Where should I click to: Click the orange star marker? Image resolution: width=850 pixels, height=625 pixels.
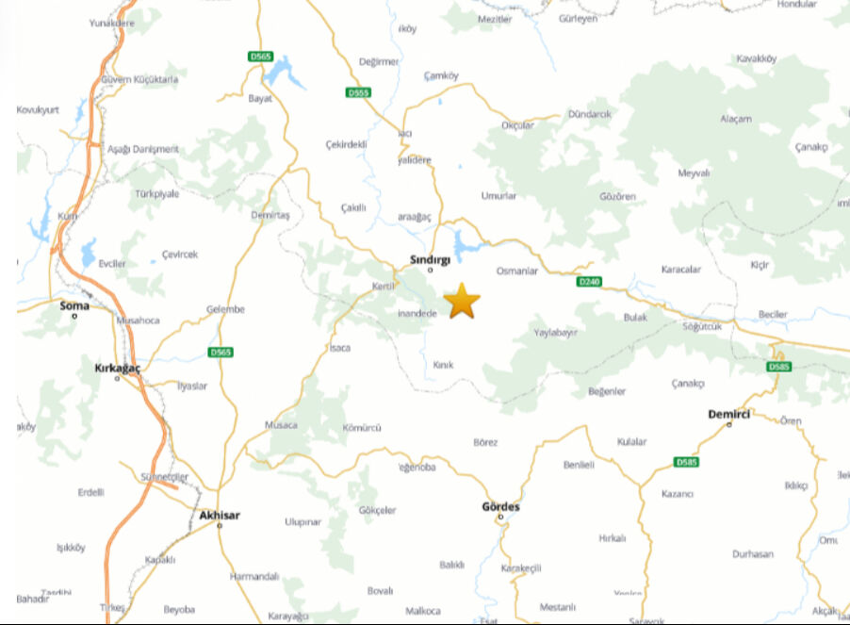(x=462, y=301)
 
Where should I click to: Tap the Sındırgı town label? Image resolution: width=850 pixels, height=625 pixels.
(x=431, y=258)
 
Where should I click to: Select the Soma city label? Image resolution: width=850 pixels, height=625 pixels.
(x=74, y=305)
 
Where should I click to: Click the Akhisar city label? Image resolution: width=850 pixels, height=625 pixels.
(x=220, y=515)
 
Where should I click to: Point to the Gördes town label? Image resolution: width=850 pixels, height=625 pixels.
(x=500, y=506)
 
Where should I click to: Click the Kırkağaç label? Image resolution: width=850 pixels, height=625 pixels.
(x=118, y=368)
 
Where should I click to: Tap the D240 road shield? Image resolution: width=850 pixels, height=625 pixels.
(x=589, y=281)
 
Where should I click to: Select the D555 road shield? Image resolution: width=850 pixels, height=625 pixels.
(x=359, y=92)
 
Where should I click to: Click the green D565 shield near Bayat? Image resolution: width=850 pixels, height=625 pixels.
(x=261, y=57)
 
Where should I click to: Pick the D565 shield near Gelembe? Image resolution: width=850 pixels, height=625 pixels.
(x=221, y=352)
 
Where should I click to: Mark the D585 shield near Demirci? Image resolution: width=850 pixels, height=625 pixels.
(x=777, y=367)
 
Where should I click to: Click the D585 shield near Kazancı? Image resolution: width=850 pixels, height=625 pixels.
(x=687, y=462)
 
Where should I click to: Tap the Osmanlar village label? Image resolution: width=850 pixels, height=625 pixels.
(x=516, y=271)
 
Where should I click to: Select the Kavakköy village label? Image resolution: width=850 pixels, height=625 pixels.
(x=756, y=58)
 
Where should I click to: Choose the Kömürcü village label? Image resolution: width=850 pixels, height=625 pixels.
(x=362, y=427)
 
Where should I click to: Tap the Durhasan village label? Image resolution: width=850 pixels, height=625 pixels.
(x=752, y=554)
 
